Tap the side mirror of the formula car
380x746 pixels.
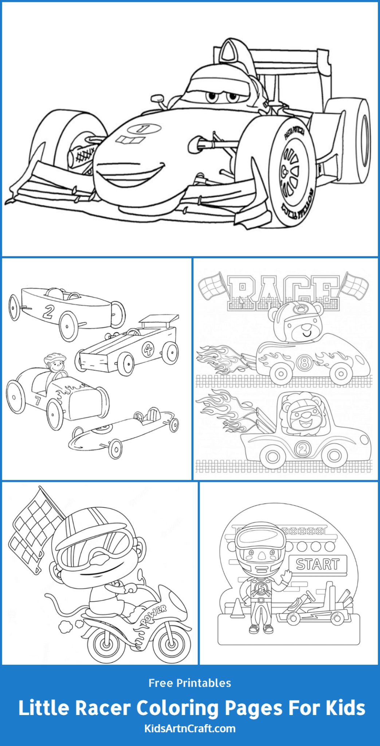click(x=157, y=98)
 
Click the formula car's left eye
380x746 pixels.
click(x=212, y=97)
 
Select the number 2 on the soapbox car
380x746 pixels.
click(x=48, y=311)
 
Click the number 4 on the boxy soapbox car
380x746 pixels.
click(x=148, y=350)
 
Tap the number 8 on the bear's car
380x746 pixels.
click(x=303, y=362)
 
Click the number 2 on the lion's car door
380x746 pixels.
click(x=302, y=449)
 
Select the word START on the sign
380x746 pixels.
click(x=318, y=564)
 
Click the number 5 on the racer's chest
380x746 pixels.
click(x=260, y=587)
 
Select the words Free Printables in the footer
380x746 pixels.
click(x=190, y=683)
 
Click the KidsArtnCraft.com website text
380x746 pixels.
click(x=190, y=729)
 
